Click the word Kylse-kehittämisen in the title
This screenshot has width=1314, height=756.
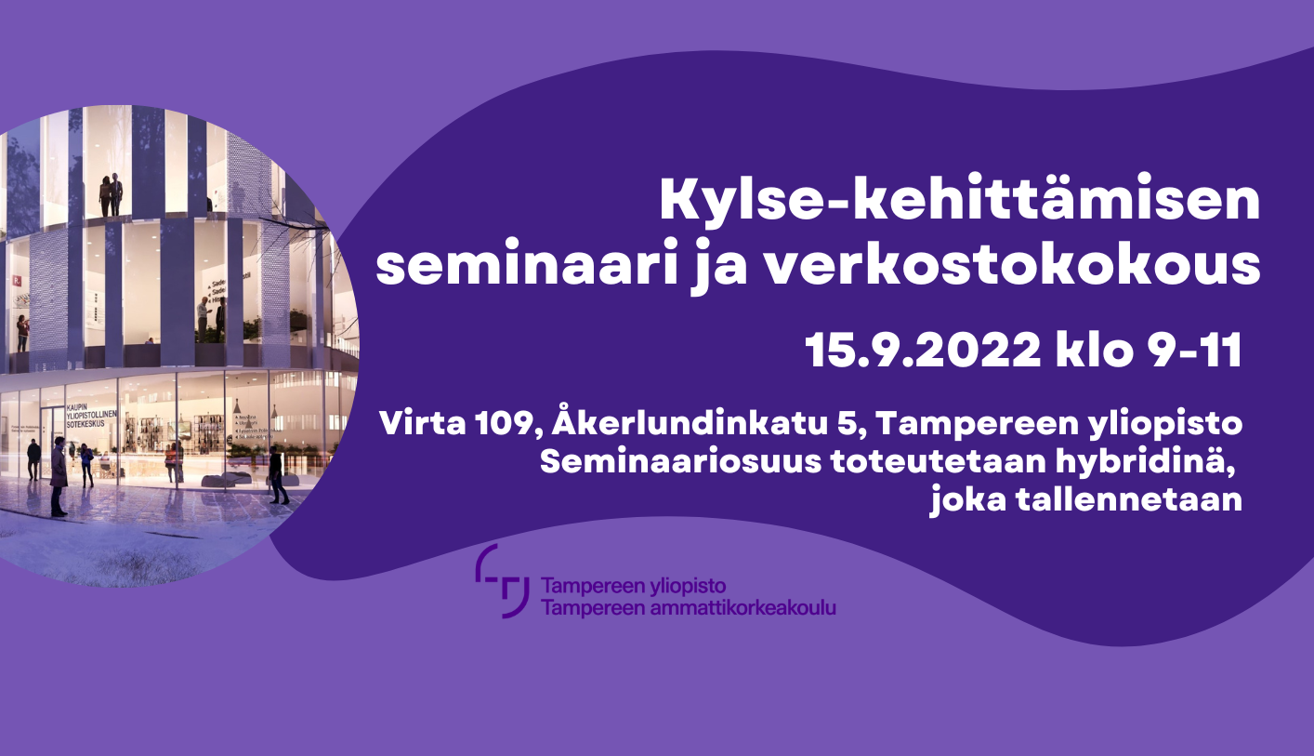pos(959,203)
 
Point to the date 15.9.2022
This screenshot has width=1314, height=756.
pos(922,351)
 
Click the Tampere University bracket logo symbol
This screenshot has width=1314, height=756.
pos(503,581)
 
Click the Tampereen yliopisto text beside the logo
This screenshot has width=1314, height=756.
pos(633,587)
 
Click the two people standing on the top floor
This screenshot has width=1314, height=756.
pos(112,195)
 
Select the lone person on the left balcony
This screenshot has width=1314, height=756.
pos(22,333)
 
